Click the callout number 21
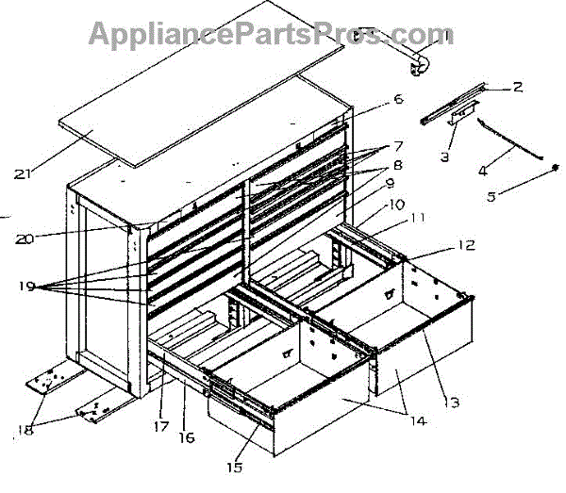click(x=26, y=173)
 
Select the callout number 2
click(x=516, y=88)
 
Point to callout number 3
click(x=443, y=156)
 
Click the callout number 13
click(x=452, y=403)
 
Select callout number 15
click(x=232, y=466)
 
